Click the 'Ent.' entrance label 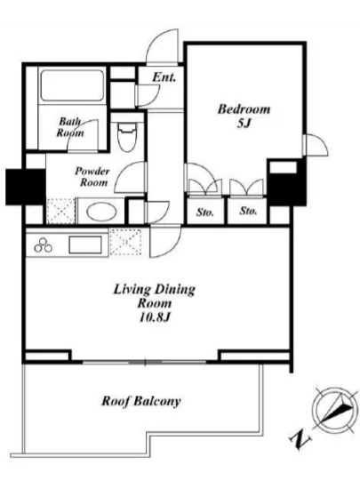(164, 77)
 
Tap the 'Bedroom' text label (244, 109)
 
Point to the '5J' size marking (244, 124)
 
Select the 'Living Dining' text (155, 290)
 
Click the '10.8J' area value (155, 317)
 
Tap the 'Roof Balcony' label (141, 401)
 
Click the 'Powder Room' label (92, 177)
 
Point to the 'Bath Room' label (70, 127)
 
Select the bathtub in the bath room (72, 85)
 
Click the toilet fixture (127, 137)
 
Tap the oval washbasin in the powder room (101, 212)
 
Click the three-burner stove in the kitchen (44, 244)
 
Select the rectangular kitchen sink (85, 244)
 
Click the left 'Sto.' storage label (205, 212)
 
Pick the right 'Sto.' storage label (248, 211)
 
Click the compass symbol (335, 411)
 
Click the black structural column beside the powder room (26, 187)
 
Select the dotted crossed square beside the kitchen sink (125, 241)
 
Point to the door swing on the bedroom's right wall (316, 145)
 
